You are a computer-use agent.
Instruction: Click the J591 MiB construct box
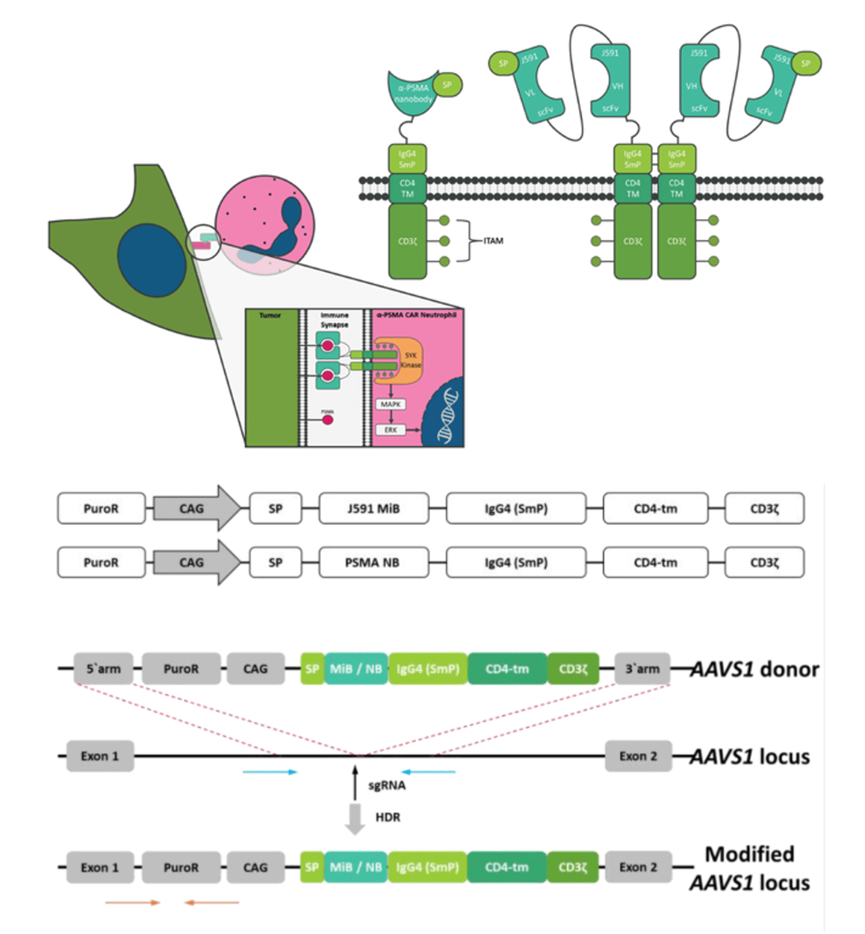(373, 509)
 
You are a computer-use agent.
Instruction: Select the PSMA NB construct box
(373, 563)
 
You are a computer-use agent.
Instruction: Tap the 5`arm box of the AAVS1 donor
(103, 669)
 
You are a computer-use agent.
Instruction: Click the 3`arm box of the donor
(642, 669)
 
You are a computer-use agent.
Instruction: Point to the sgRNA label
(387, 785)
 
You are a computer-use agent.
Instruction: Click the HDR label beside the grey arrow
(388, 817)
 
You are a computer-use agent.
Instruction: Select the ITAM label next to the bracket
(493, 241)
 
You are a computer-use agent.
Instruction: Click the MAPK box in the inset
(391, 404)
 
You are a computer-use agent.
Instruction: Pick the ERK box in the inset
(391, 430)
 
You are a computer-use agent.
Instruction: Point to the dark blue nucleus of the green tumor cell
(151, 260)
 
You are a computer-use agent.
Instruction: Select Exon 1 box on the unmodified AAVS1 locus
(100, 756)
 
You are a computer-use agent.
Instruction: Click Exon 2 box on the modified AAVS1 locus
(638, 867)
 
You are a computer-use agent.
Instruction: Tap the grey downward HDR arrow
(355, 818)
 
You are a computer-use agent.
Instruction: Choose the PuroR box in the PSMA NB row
(101, 563)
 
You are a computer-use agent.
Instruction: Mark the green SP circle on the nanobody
(447, 84)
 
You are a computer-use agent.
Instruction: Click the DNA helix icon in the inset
(446, 415)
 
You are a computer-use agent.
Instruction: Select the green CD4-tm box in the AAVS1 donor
(507, 669)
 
